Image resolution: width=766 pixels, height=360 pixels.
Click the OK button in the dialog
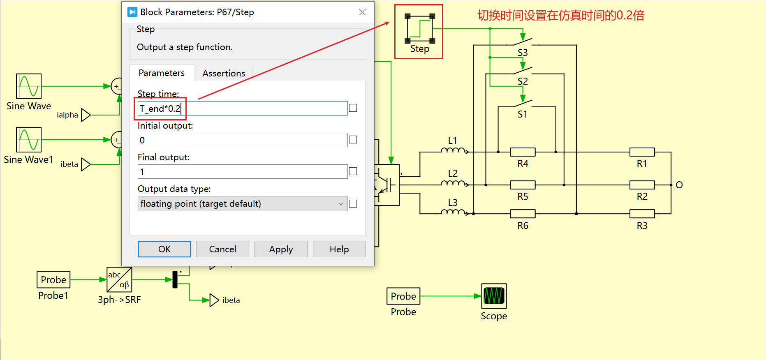click(164, 249)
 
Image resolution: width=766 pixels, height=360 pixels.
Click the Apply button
click(281, 249)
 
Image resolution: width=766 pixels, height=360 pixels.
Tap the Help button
click(339, 249)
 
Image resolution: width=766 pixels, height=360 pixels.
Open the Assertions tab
click(224, 73)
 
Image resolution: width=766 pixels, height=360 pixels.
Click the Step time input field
click(243, 108)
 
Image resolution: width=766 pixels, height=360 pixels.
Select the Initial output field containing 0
click(243, 140)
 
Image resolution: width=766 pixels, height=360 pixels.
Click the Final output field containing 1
click(243, 172)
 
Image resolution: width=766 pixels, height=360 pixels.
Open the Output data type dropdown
click(243, 204)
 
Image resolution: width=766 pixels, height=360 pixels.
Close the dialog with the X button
click(362, 12)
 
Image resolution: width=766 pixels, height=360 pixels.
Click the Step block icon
click(420, 28)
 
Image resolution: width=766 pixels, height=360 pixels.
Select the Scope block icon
click(494, 296)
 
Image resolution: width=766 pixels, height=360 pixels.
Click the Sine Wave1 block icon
click(29, 140)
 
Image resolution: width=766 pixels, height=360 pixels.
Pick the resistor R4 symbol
click(523, 152)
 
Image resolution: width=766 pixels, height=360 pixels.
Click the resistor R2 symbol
click(642, 185)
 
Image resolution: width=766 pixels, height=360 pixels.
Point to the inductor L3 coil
click(453, 212)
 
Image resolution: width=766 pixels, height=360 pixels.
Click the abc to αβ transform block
click(119, 279)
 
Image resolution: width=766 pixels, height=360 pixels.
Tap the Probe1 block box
click(53, 279)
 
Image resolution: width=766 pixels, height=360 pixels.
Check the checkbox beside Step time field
click(353, 108)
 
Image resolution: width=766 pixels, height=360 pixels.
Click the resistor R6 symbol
click(523, 214)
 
